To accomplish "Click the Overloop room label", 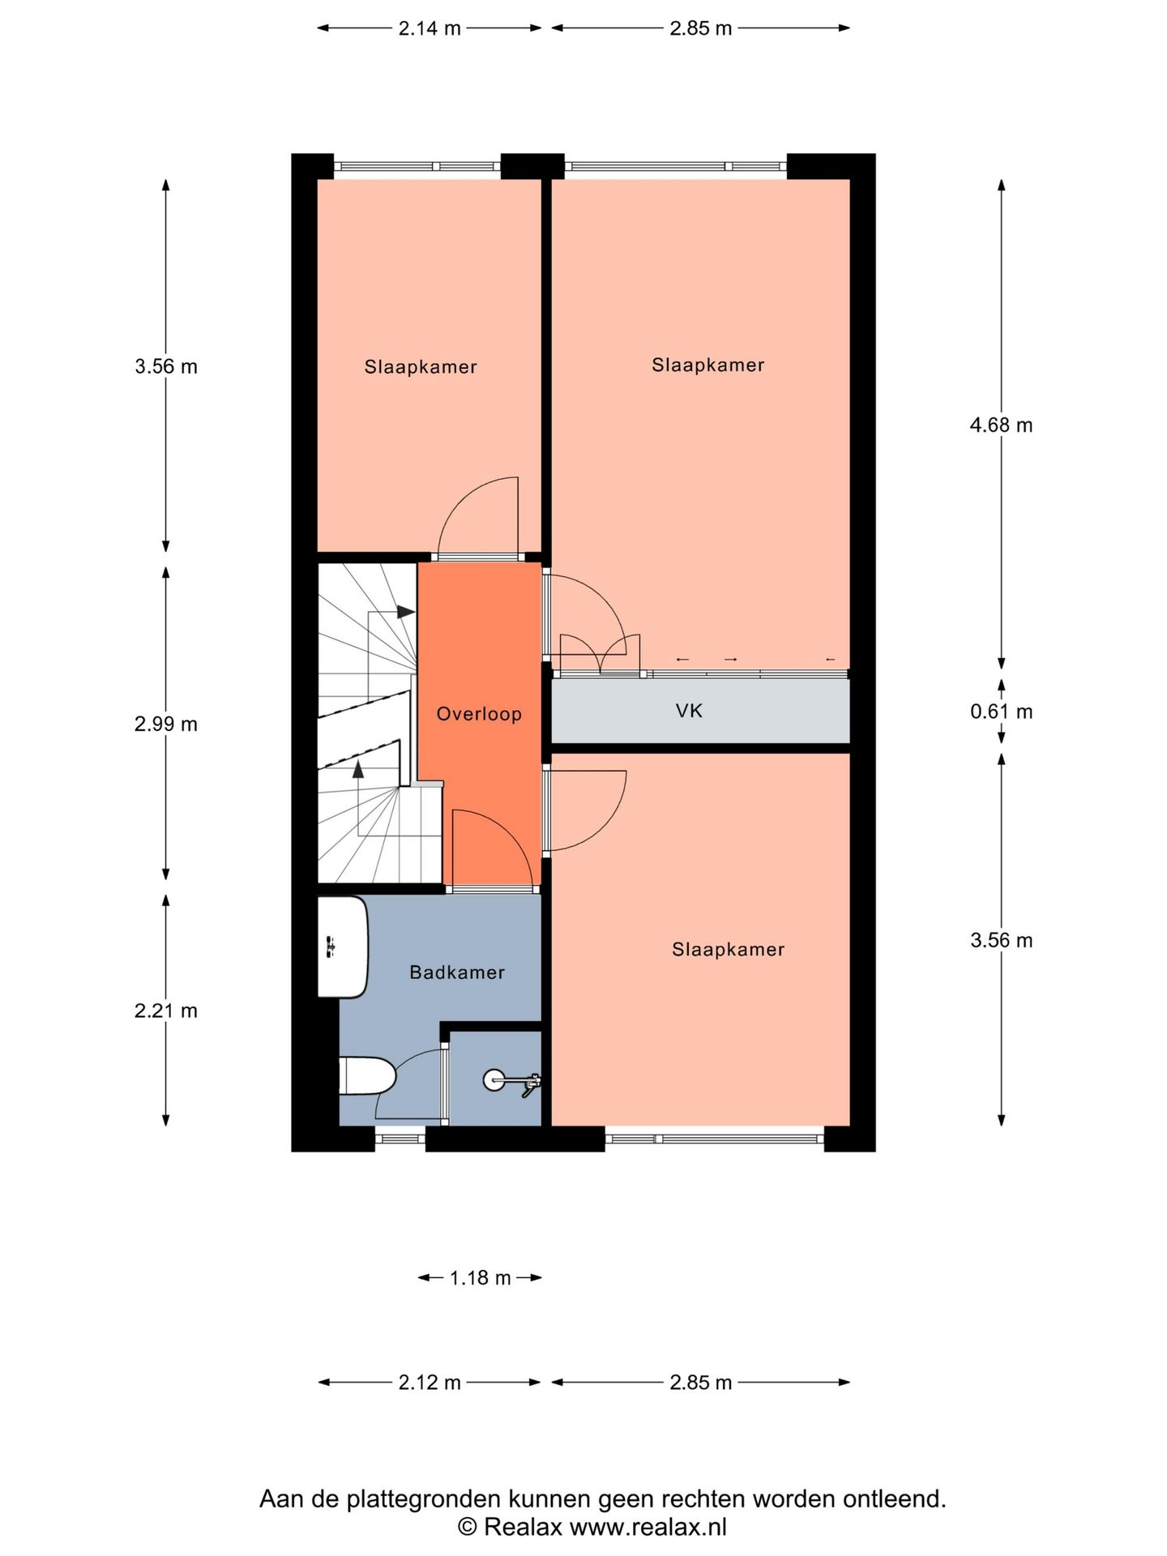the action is pyautogui.click(x=479, y=714).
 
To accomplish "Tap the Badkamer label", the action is pyautogui.click(x=457, y=972).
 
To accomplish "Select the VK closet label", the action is pyautogui.click(x=689, y=711).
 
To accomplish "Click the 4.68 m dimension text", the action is pyautogui.click(x=1001, y=425).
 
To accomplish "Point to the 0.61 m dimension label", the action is pyautogui.click(x=1001, y=712).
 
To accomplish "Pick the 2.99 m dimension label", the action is pyautogui.click(x=166, y=724).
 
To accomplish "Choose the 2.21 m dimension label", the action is pyautogui.click(x=166, y=1011).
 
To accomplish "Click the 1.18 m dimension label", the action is pyautogui.click(x=480, y=1278).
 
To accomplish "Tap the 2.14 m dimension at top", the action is pyautogui.click(x=430, y=28).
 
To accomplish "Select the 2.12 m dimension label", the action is pyautogui.click(x=430, y=1383).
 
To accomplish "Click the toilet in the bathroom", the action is pyautogui.click(x=367, y=1076).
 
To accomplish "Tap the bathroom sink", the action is pyautogui.click(x=343, y=947).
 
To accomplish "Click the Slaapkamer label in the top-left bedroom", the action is pyautogui.click(x=421, y=367).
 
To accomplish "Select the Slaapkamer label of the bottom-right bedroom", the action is pyautogui.click(x=729, y=950).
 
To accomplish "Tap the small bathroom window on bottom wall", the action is pyautogui.click(x=400, y=1139).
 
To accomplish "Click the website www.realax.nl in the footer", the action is pyautogui.click(x=648, y=1528).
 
